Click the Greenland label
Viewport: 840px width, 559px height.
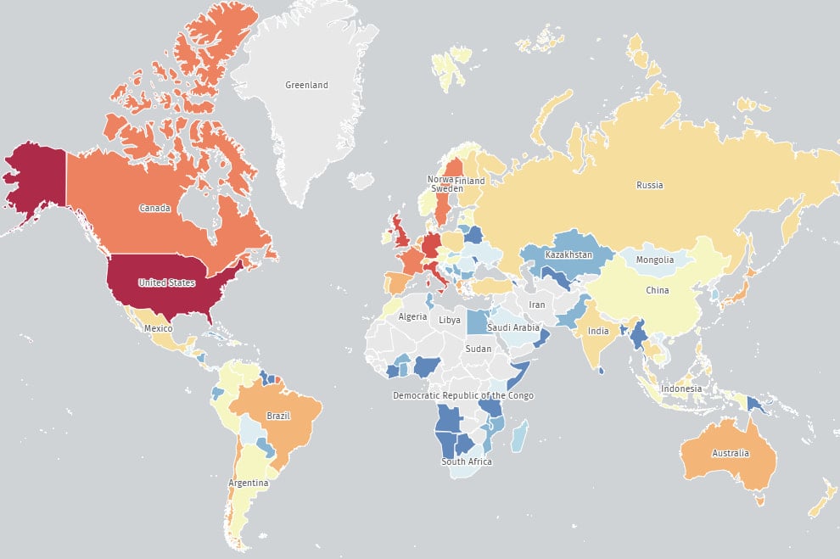306,86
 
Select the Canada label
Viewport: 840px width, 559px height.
156,208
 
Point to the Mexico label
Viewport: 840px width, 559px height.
159,328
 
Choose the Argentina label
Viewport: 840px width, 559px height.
248,484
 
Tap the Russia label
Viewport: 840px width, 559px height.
649,185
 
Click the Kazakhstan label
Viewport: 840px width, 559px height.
568,255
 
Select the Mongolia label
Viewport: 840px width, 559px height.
654,260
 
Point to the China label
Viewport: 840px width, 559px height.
657,291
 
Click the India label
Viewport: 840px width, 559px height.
598,331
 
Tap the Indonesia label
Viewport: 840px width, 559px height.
682,389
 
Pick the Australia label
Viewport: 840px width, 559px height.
731,453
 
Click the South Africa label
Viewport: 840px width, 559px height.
466,462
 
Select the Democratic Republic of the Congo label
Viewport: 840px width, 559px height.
462,396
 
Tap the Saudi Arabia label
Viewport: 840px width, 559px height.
512,327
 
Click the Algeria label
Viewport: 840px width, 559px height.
413,316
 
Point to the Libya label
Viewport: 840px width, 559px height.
450,320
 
